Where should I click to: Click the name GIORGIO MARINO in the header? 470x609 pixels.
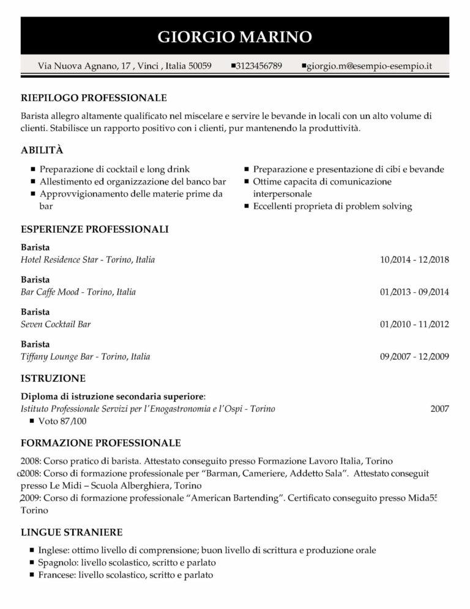point(235,37)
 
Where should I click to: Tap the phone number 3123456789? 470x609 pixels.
point(259,66)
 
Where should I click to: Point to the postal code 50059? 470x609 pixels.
point(200,66)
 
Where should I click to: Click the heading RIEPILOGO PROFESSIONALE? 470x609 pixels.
point(94,97)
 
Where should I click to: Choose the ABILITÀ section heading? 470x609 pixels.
point(42,150)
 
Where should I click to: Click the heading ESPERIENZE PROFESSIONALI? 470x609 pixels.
point(95,229)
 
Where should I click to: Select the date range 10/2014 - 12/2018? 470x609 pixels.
point(414,260)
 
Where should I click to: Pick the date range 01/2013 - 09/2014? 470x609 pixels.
point(414,292)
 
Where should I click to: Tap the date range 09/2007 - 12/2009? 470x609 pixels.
point(414,357)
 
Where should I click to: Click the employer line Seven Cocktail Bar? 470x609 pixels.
point(56,324)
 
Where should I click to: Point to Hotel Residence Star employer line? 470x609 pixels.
point(88,260)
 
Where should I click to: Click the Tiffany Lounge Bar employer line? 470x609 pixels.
point(85,357)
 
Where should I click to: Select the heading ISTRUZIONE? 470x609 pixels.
point(53,378)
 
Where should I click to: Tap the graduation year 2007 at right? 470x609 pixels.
point(439,409)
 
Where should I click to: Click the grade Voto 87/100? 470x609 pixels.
point(62,421)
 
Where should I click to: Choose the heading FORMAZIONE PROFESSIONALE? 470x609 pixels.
point(100,442)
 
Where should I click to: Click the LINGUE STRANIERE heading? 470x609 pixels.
point(72,532)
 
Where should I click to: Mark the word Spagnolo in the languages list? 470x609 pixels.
point(56,562)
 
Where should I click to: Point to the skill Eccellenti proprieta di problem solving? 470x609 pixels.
point(332,206)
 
